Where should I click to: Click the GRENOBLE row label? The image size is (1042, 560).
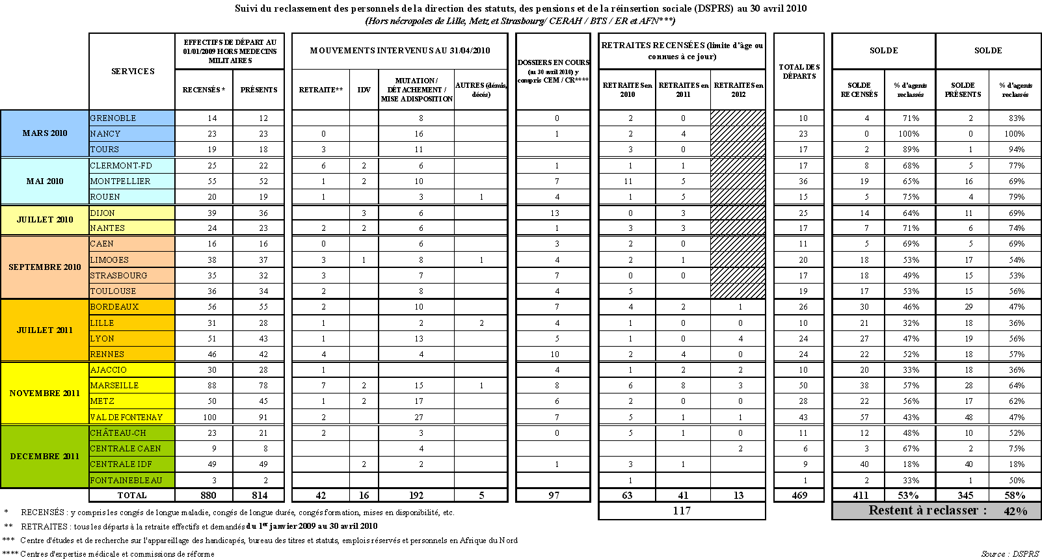(113, 118)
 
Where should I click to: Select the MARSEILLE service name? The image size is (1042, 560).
(114, 386)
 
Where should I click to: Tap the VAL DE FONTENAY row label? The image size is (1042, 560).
(126, 418)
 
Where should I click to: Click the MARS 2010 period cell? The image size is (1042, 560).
(45, 133)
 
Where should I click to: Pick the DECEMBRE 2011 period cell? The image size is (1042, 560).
(45, 457)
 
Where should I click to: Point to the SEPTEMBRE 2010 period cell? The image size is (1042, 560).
(45, 267)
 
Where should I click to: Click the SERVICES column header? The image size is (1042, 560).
(133, 72)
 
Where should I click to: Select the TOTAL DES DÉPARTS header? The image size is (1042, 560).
(799, 72)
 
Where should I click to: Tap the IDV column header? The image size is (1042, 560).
(364, 90)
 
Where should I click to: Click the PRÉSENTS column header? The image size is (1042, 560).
(259, 90)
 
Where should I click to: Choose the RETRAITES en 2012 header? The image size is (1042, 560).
(738, 90)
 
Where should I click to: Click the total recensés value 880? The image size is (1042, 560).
(208, 496)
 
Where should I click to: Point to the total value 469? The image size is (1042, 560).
(799, 496)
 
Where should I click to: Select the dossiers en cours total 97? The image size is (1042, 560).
(554, 496)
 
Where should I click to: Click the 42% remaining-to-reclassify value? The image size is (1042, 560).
(1015, 511)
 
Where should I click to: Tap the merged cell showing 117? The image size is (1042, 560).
(682, 511)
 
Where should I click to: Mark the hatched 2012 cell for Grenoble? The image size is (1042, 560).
(738, 118)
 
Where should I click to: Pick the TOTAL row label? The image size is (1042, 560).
(132, 496)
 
